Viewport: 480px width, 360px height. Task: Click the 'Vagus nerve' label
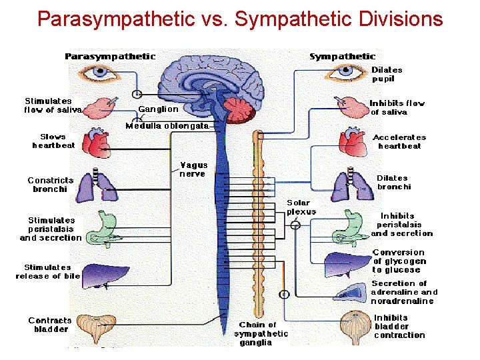coord(193,169)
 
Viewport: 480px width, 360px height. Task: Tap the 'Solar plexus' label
coord(301,207)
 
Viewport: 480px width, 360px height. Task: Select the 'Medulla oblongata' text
coord(167,125)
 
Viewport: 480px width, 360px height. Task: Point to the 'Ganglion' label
coord(158,109)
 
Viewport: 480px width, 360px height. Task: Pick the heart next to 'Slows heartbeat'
coord(97,141)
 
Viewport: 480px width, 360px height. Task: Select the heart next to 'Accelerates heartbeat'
coord(351,142)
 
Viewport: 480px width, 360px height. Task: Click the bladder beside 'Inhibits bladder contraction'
coord(355,327)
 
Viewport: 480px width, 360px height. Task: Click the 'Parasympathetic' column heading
coord(110,56)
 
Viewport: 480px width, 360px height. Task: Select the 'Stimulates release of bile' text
coord(47,271)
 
